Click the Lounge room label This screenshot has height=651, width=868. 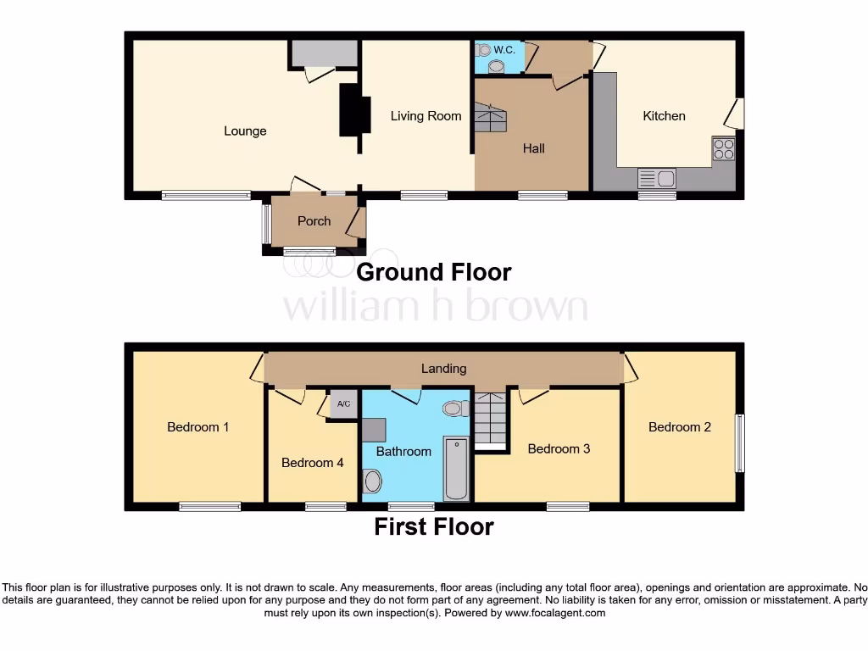point(245,131)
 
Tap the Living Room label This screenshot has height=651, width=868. point(426,116)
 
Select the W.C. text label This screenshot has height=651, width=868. point(504,50)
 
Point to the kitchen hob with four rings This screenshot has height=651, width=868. point(724,149)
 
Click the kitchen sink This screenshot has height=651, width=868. point(656,178)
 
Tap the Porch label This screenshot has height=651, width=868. point(314,221)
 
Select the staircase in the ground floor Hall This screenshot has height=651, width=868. point(491,117)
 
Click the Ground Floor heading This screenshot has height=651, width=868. point(434,272)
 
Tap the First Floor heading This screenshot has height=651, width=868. point(434,526)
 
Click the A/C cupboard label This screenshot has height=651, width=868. point(344,404)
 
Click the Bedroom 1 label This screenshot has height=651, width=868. point(198,427)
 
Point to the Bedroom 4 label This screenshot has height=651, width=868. point(313,463)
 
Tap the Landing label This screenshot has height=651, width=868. point(443,369)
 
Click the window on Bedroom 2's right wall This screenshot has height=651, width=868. point(740,442)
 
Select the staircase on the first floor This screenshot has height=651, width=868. point(491,420)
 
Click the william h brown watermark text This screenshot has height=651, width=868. point(434,306)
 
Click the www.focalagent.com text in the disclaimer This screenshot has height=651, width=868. point(555,613)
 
